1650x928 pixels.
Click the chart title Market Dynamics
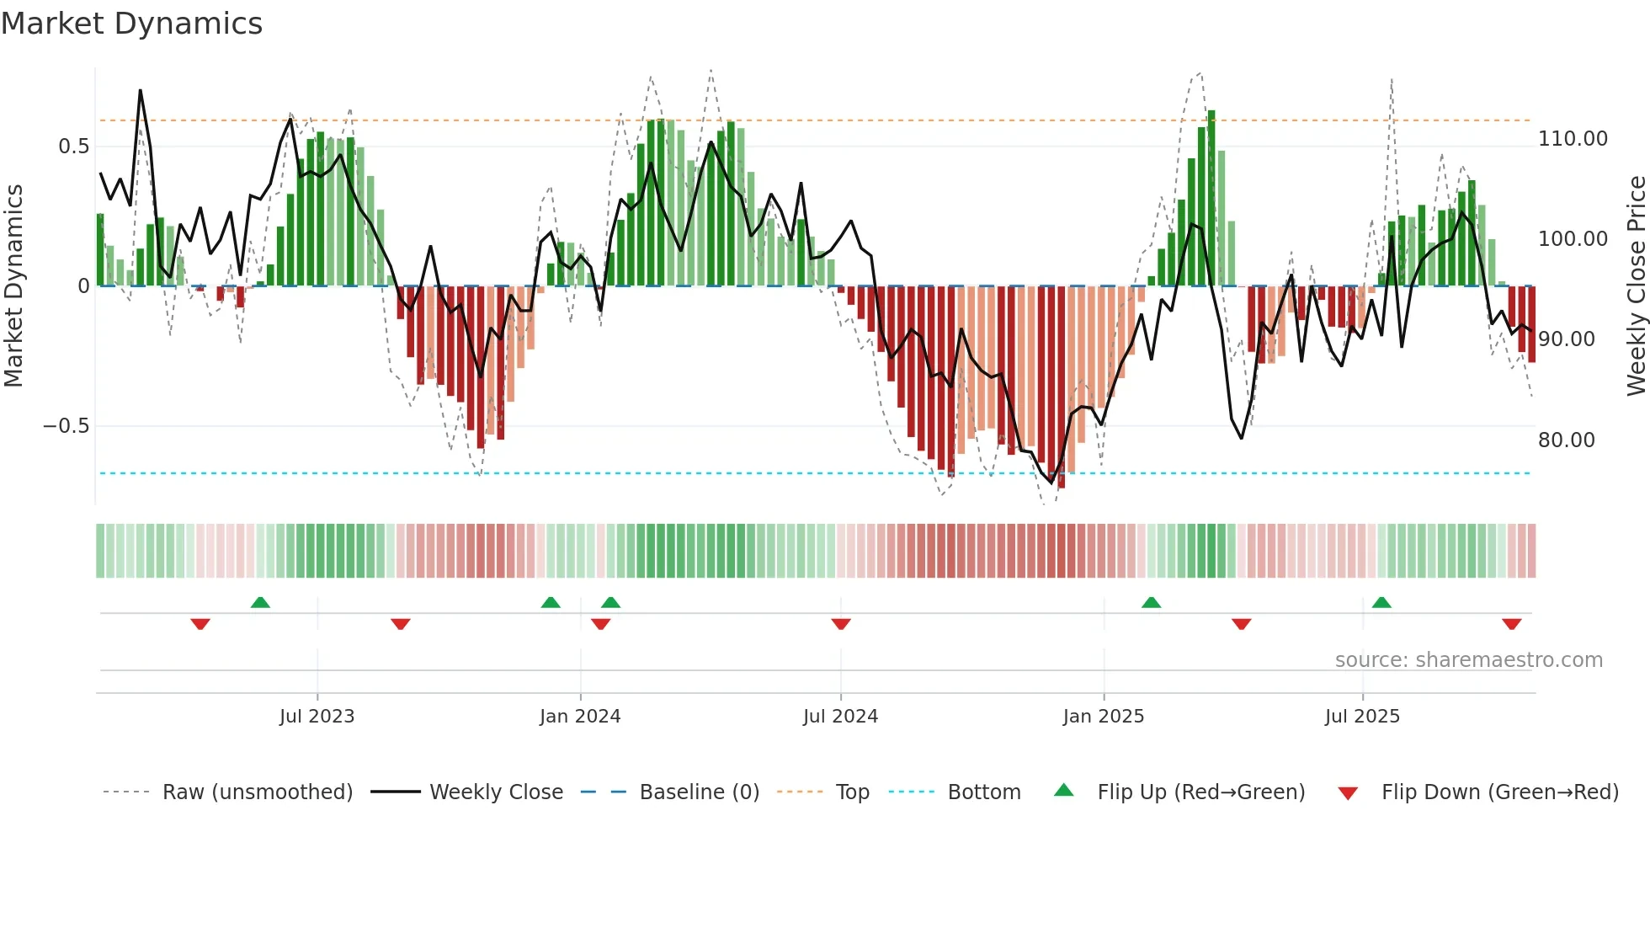click(x=131, y=24)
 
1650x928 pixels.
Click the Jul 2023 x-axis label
click(x=317, y=717)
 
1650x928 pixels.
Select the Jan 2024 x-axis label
click(x=580, y=717)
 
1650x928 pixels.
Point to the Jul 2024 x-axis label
click(x=840, y=717)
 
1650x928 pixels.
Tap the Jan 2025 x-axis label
click(x=1103, y=717)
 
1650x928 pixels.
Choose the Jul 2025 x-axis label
click(x=1362, y=717)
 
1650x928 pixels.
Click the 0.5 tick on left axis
click(x=73, y=147)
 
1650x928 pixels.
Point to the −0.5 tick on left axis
click(x=66, y=426)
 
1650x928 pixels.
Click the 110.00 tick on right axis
click(x=1573, y=139)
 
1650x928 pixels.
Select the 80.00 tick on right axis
click(x=1566, y=440)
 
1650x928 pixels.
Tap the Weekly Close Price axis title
click(x=1636, y=286)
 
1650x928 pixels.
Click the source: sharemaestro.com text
click(x=1468, y=660)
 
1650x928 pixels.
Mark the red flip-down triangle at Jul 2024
click(x=841, y=624)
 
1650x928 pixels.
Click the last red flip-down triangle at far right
click(x=1511, y=624)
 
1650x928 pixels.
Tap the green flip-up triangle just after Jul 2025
click(x=1381, y=602)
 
